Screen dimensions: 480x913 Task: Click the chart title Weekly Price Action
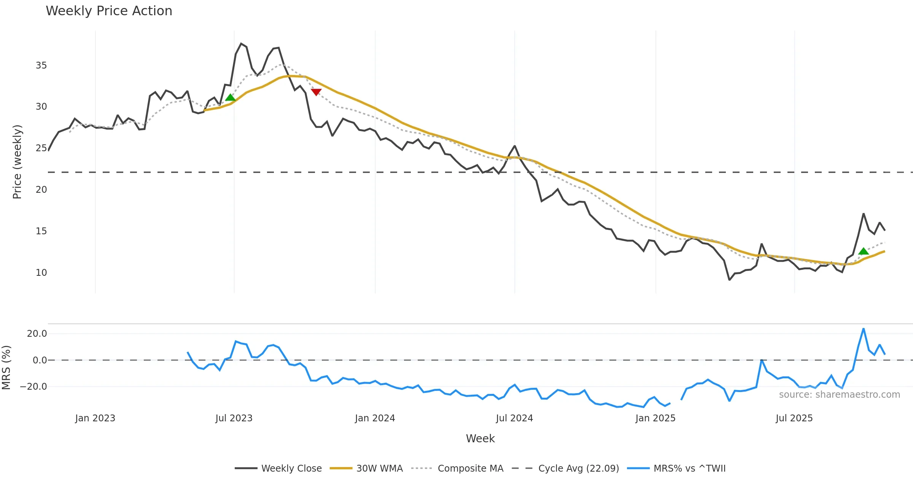coord(109,11)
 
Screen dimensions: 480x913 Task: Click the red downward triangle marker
coord(316,92)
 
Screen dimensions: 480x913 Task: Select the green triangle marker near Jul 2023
coord(230,98)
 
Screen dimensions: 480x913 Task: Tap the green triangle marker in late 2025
coord(864,251)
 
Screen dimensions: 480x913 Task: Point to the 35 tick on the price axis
coord(41,66)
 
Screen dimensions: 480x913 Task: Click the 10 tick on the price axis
coord(41,273)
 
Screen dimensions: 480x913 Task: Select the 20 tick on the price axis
coord(41,190)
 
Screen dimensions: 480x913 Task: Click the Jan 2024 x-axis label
coord(375,418)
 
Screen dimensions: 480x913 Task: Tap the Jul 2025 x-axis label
coord(794,418)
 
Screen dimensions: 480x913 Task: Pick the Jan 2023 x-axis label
coord(95,418)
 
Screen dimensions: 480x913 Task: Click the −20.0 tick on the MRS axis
coord(33,387)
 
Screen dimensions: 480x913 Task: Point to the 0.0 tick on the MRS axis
coord(40,360)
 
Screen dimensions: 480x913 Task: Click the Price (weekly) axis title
coord(17,162)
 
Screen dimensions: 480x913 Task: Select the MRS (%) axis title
coord(6,368)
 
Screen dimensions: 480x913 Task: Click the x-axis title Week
coord(480,439)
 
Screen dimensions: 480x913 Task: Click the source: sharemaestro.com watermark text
coord(839,395)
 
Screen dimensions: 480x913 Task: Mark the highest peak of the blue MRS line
coord(864,329)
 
